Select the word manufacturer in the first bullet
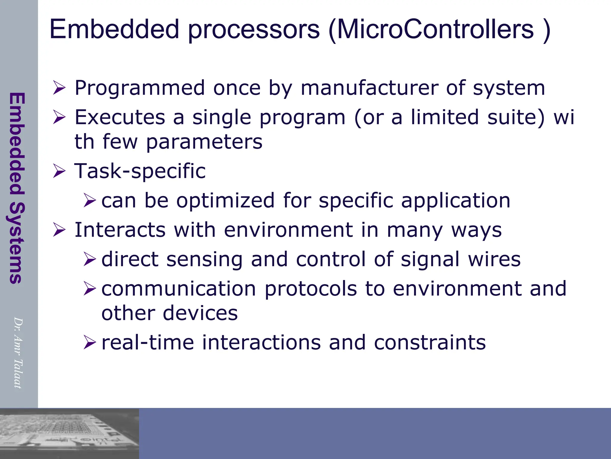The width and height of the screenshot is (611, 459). pyautogui.click(x=369, y=88)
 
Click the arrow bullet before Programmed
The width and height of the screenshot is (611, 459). pyautogui.click(x=59, y=88)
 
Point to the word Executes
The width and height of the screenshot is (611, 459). pyautogui.click(x=120, y=117)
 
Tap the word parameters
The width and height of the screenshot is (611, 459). pyautogui.click(x=204, y=142)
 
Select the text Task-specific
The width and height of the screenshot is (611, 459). pyautogui.click(x=140, y=172)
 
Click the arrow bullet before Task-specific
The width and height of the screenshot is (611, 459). pyautogui.click(x=59, y=172)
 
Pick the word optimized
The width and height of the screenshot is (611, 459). pyautogui.click(x=225, y=201)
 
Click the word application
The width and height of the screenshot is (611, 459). pyautogui.click(x=456, y=201)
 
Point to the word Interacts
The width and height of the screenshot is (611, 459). pyautogui.click(x=120, y=230)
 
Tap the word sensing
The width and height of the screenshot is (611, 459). pyautogui.click(x=204, y=259)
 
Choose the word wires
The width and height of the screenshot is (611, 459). pyautogui.click(x=494, y=259)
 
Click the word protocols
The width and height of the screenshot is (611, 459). pyautogui.click(x=311, y=289)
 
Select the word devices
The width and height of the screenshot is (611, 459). pyautogui.click(x=200, y=314)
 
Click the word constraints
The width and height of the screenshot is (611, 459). pyautogui.click(x=430, y=342)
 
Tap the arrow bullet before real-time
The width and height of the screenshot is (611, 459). pyautogui.click(x=90, y=342)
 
